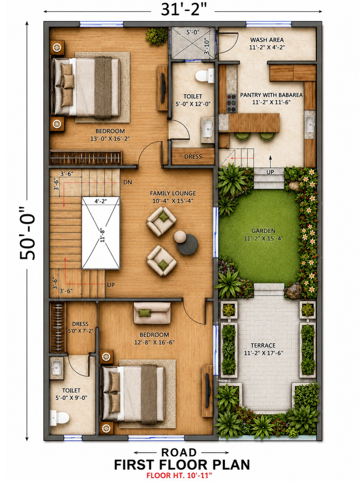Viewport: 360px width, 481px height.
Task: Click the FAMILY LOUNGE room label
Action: [173, 193]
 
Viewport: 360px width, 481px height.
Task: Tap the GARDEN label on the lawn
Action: [263, 231]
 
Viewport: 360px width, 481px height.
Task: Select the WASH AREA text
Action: [267, 40]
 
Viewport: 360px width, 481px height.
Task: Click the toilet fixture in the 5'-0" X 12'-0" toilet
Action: [205, 76]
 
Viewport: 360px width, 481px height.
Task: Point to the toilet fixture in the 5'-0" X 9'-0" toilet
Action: [59, 418]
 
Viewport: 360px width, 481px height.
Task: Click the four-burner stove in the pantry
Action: [232, 103]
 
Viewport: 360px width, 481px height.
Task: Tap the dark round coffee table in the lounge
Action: [187, 244]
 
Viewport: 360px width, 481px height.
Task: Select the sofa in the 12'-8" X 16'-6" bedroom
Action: [152, 313]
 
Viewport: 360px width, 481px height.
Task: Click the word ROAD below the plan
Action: [179, 452]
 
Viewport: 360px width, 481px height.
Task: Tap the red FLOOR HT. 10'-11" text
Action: [179, 475]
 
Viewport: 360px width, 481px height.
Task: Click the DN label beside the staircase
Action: [128, 182]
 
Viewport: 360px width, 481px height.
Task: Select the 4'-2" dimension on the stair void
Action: [101, 201]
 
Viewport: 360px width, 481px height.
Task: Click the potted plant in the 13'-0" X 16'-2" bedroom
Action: [157, 36]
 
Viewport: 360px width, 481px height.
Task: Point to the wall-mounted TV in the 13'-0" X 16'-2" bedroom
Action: [163, 88]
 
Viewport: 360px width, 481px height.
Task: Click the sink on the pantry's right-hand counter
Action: [310, 124]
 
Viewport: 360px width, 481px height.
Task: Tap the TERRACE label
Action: [263, 345]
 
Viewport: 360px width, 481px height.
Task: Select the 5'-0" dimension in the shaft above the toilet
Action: [193, 32]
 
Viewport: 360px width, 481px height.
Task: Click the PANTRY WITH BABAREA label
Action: [271, 95]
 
